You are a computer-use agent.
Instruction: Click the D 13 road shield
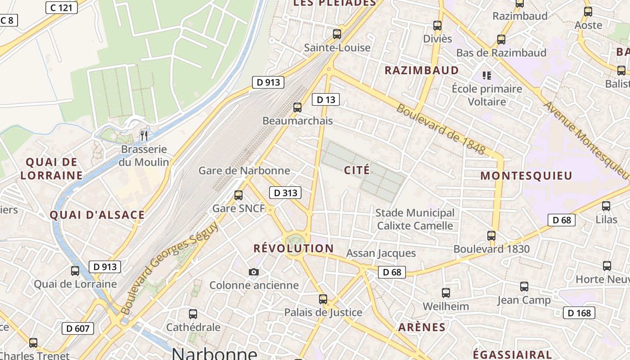(x=326, y=99)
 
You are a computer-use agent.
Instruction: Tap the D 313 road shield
(x=285, y=193)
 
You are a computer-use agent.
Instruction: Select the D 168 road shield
(x=579, y=313)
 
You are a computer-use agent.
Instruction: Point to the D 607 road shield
(x=78, y=328)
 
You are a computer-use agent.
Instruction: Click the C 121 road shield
(x=62, y=7)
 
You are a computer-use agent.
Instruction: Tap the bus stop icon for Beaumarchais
(x=297, y=107)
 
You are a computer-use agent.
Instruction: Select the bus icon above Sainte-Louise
(x=337, y=34)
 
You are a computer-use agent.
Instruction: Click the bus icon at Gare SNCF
(x=238, y=195)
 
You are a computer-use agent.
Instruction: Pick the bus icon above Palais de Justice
(x=323, y=299)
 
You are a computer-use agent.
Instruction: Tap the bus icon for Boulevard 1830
(x=491, y=235)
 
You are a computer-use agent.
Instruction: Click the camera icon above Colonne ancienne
(x=254, y=272)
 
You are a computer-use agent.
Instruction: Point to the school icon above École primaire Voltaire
(x=487, y=75)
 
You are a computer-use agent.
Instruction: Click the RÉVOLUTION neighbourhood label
(x=293, y=248)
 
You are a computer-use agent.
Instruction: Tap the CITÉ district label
(x=357, y=170)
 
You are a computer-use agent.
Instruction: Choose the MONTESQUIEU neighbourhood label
(x=526, y=176)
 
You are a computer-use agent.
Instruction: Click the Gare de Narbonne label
(x=244, y=171)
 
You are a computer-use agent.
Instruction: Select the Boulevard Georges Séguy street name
(x=169, y=268)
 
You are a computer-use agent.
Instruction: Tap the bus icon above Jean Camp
(x=524, y=287)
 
